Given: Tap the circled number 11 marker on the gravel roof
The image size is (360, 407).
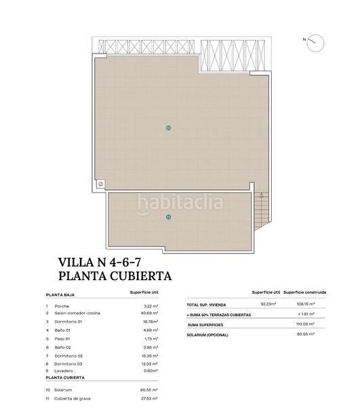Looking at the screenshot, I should point(168,217).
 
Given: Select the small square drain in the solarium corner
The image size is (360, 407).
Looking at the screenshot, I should point(100,183).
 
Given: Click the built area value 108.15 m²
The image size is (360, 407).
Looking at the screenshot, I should point(311,305).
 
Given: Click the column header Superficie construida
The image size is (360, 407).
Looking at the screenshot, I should point(305,292).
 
